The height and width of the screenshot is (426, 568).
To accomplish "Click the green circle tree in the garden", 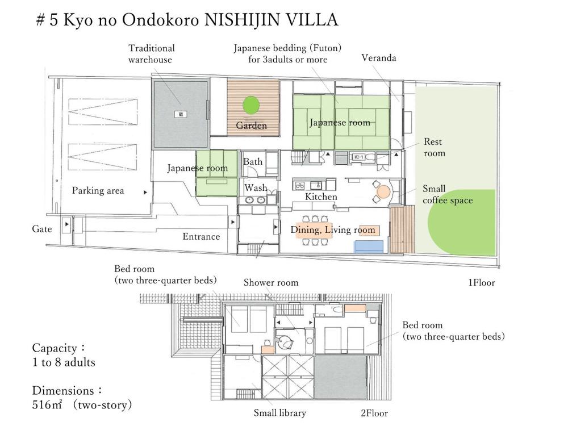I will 251,105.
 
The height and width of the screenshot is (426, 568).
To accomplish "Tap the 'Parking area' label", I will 98,191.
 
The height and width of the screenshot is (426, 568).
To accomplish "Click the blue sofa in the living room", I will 370,246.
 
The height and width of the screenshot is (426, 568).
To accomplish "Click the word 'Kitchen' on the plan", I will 321,197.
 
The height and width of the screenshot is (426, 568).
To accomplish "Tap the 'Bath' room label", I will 253,162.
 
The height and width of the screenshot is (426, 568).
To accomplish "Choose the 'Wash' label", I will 256,188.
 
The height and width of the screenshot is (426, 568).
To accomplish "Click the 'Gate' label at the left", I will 42,229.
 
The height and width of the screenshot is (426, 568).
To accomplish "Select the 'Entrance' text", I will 201,236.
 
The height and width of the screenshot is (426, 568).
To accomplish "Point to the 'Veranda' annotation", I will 379,58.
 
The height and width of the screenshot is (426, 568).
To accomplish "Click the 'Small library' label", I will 279,414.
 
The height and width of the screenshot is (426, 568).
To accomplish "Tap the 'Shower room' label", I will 271,282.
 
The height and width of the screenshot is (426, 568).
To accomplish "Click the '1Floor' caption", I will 481,282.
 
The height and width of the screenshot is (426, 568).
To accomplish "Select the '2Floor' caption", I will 374,414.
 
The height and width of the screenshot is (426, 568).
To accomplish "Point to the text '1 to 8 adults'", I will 64,362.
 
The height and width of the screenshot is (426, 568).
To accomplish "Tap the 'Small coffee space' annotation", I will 447,194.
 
